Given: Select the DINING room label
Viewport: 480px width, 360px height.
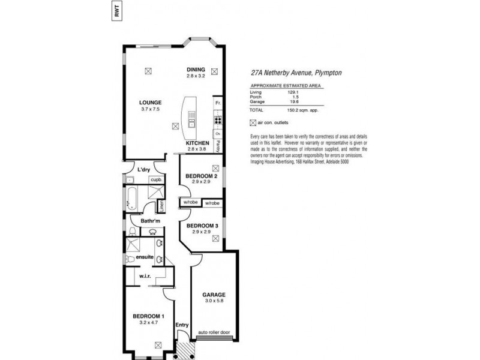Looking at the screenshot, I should pyautogui.click(x=196, y=70).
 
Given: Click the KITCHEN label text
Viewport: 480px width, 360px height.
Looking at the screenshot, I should pyautogui.click(x=197, y=143).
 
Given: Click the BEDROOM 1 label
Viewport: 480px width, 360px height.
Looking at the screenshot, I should pyautogui.click(x=148, y=316).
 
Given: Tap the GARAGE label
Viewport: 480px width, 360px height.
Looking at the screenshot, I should pyautogui.click(x=213, y=295).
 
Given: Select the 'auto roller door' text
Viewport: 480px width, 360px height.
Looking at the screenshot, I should pyautogui.click(x=214, y=333).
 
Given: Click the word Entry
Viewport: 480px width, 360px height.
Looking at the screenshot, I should pyautogui.click(x=181, y=325).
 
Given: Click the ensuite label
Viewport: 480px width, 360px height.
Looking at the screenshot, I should pyautogui.click(x=145, y=257).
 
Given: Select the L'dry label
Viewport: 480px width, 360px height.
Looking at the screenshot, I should pyautogui.click(x=143, y=170).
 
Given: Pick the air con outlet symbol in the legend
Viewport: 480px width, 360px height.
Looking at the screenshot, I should pyautogui.click(x=252, y=123).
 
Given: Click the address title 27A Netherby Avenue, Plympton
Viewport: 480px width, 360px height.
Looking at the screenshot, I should pyautogui.click(x=296, y=71).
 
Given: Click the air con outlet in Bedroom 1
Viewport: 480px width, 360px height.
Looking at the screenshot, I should pyautogui.click(x=158, y=344).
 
